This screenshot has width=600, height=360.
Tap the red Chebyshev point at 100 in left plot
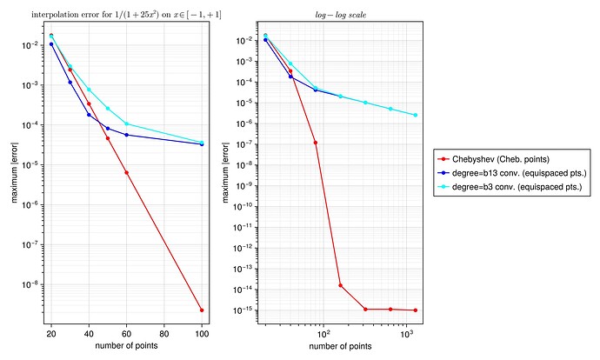202,310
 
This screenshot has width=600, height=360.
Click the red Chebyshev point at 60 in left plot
126,172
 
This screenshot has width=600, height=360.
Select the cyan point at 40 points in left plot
89,90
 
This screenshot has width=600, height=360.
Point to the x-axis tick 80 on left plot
164,333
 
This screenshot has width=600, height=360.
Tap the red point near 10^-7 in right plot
316,143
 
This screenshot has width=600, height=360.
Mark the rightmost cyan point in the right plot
416,115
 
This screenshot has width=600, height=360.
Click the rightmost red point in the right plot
416,310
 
